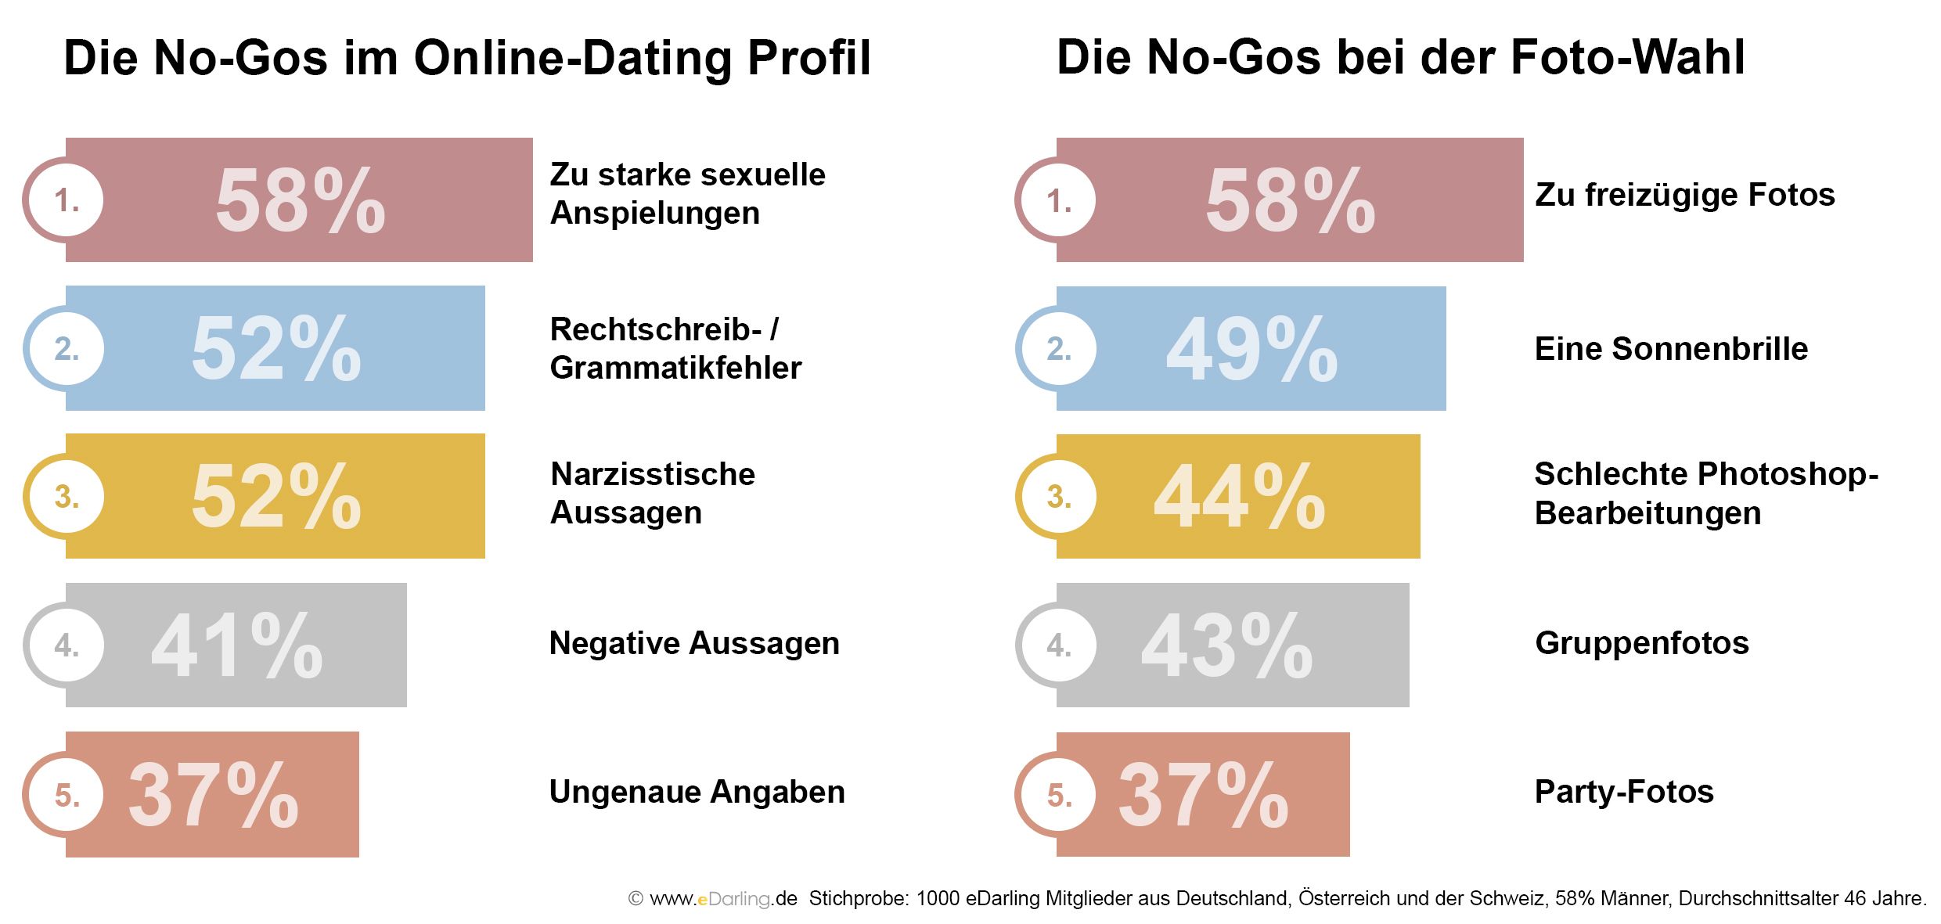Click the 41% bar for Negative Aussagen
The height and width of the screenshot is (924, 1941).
tap(236, 645)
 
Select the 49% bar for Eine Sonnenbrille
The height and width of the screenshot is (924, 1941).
tap(1251, 348)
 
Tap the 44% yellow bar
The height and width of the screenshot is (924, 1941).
tap(1238, 496)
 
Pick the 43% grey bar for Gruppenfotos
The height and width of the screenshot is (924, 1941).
tap(1233, 645)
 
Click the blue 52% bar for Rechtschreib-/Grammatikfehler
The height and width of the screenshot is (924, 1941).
tap(275, 348)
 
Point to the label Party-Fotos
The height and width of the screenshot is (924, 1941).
tap(1624, 792)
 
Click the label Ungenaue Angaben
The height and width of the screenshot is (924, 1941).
tap(697, 792)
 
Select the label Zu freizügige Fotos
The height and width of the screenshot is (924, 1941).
tap(1685, 195)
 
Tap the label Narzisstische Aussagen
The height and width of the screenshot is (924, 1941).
tap(653, 493)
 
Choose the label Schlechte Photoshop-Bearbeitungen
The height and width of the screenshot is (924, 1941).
tap(1706, 493)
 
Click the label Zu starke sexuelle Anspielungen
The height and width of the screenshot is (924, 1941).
tap(687, 193)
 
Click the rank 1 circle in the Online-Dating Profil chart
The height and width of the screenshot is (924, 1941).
tap(63, 200)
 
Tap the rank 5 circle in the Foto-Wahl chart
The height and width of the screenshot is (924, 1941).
tap(1056, 794)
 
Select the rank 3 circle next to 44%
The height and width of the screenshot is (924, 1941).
tap(1056, 496)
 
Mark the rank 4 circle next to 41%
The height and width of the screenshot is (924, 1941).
tap(63, 645)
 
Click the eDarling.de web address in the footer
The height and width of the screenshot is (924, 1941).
tap(723, 898)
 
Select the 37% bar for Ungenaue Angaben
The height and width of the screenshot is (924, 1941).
tap(212, 794)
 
